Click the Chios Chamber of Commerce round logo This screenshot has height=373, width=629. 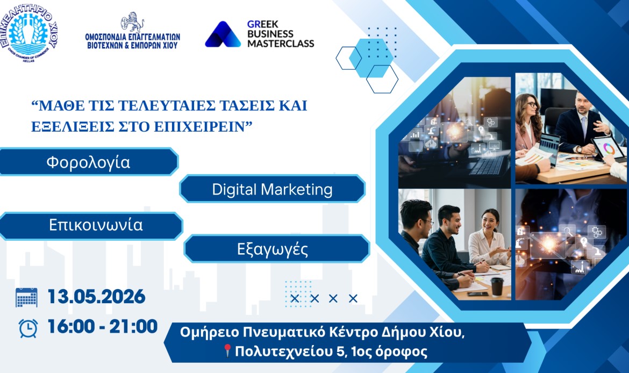29,33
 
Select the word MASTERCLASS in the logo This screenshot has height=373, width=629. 281,44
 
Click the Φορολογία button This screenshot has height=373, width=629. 89,162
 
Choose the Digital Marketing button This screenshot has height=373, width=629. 272,189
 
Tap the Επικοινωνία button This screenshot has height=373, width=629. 91,225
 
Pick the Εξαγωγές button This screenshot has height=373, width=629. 276,249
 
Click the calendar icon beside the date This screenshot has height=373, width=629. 26,298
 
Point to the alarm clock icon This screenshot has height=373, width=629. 28,328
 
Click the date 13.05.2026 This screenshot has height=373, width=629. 96,297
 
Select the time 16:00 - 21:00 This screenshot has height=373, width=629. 102,326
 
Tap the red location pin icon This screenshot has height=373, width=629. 227,350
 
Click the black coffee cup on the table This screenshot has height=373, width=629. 497,287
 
